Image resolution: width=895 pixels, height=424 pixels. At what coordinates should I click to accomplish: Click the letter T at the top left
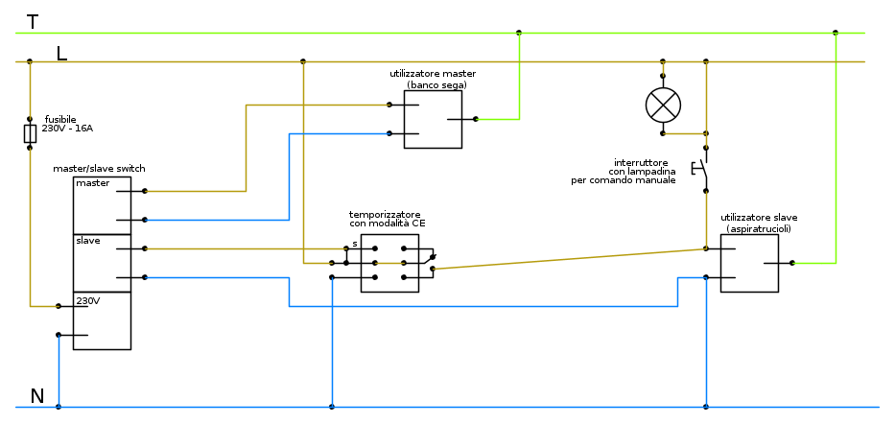click(x=33, y=21)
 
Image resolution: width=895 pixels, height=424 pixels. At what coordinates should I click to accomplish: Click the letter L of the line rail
click(x=61, y=54)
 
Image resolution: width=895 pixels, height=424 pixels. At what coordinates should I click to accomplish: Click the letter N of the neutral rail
click(x=37, y=396)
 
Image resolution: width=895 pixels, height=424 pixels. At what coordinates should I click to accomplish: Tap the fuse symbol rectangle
click(x=30, y=132)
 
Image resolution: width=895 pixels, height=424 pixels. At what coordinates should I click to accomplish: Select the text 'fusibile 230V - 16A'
click(x=67, y=124)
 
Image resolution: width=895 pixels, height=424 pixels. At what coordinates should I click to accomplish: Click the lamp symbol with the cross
click(x=663, y=105)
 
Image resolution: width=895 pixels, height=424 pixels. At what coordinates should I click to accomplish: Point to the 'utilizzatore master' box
click(x=433, y=120)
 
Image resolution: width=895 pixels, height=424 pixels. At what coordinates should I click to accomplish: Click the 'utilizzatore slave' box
click(x=749, y=263)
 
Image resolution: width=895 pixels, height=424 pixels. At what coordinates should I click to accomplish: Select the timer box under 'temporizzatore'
click(x=389, y=263)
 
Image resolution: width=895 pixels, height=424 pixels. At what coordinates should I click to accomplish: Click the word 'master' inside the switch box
click(x=93, y=183)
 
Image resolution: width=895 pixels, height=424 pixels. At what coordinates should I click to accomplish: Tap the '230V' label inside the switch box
click(x=88, y=300)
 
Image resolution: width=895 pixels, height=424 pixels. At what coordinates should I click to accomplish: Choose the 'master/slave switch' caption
click(x=99, y=169)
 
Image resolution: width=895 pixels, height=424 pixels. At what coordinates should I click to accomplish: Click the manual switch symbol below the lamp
click(x=701, y=174)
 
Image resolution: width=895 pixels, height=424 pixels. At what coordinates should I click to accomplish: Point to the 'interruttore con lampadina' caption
click(x=630, y=172)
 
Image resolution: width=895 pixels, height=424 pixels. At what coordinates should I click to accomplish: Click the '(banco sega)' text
click(x=436, y=85)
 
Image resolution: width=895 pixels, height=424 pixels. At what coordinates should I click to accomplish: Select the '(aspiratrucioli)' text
click(x=759, y=229)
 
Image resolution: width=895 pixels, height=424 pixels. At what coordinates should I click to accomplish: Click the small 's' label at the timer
click(x=354, y=244)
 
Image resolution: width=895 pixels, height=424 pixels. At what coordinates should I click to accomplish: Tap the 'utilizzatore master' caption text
click(x=433, y=74)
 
